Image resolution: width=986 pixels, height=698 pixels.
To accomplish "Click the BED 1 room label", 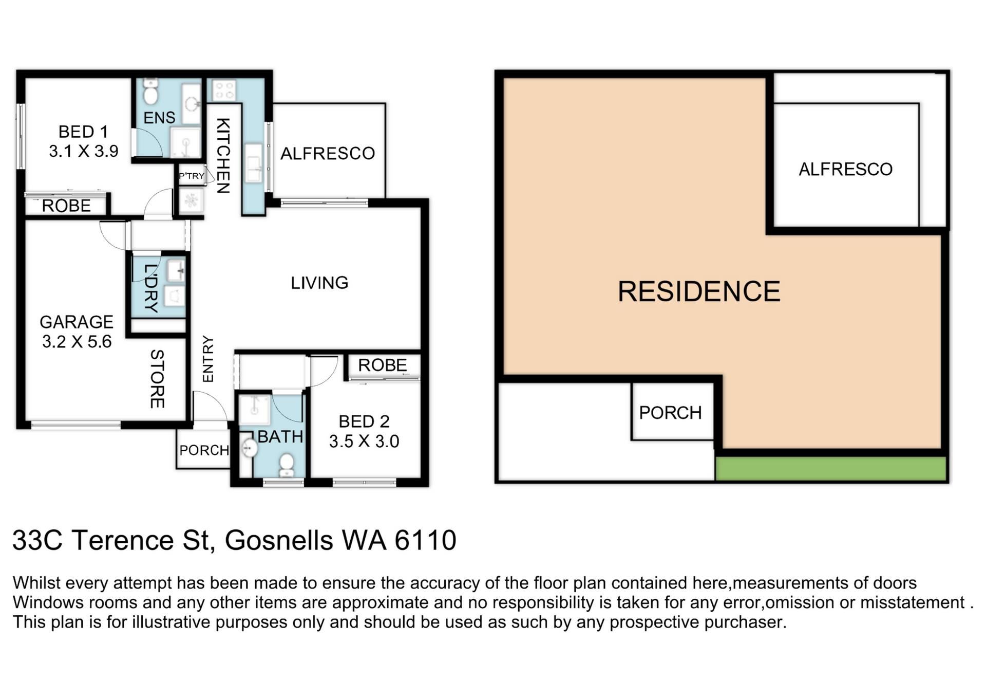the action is pos(83,132).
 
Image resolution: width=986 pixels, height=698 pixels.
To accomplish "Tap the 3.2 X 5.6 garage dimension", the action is pos(77,342).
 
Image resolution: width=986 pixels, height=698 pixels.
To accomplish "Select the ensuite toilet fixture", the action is pos(150,93).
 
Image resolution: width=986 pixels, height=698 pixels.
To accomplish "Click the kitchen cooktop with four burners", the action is pos(224,90).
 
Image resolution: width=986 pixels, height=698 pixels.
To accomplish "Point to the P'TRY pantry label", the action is pos(192,176).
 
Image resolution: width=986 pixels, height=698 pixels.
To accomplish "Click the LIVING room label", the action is pos(319,283).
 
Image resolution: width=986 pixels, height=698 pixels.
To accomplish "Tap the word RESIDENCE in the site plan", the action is pos(699,291).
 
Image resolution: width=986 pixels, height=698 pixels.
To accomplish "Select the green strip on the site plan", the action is pos(831,469).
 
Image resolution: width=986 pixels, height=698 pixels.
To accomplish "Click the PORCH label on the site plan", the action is pos(670,413).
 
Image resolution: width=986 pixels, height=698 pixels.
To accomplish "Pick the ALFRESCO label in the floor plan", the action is pos(328,153).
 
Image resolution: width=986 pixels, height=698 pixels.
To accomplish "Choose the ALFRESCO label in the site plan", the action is pos(846,169).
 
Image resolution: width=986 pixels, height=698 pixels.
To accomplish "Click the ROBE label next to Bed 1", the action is pos(66,206).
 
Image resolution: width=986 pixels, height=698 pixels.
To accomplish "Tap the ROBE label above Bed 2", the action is pos(383,365).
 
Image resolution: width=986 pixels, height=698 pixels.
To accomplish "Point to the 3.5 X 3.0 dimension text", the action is pos(364,442).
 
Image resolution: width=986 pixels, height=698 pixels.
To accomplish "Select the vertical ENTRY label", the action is pos(208,359).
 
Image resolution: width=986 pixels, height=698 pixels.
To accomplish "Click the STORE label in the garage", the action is pos(157,379).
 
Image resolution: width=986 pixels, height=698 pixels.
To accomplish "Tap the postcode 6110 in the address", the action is pos(425,540).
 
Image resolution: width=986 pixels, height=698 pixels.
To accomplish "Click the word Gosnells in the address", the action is pos(279,540).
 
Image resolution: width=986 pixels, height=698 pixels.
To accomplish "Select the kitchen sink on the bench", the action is pos(254,163).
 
